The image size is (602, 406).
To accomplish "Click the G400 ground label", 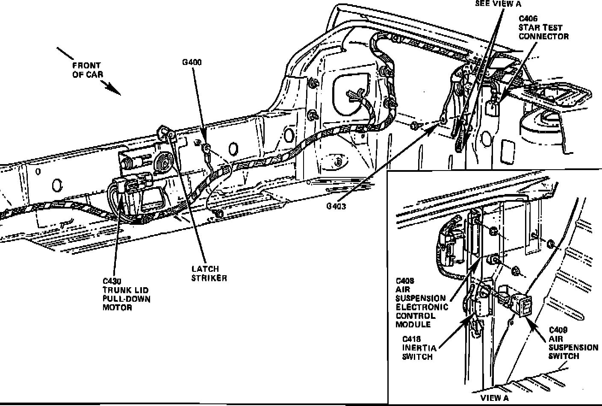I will click(x=192, y=62).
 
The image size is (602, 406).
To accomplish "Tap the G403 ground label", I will click(x=336, y=206).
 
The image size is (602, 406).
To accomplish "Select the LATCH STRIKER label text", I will click(x=209, y=274).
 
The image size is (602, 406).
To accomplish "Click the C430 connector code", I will click(x=112, y=281).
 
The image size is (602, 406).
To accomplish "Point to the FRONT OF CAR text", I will click(x=87, y=70).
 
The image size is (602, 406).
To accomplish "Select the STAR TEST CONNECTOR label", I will click(x=543, y=32).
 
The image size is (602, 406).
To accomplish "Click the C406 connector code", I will click(x=528, y=19).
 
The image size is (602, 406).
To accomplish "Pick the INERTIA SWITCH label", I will click(x=417, y=352).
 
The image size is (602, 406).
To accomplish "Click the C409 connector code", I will click(x=558, y=330).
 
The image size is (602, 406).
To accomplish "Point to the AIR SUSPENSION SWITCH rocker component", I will click(x=522, y=304).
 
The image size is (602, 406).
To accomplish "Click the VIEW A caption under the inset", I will click(x=495, y=398).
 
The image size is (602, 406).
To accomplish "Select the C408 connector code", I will click(x=404, y=281).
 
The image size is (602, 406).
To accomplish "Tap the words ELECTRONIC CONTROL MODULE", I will click(x=422, y=316).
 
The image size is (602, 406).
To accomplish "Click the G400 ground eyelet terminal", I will click(x=206, y=148).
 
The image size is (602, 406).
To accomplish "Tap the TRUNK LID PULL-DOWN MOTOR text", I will click(x=127, y=299).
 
